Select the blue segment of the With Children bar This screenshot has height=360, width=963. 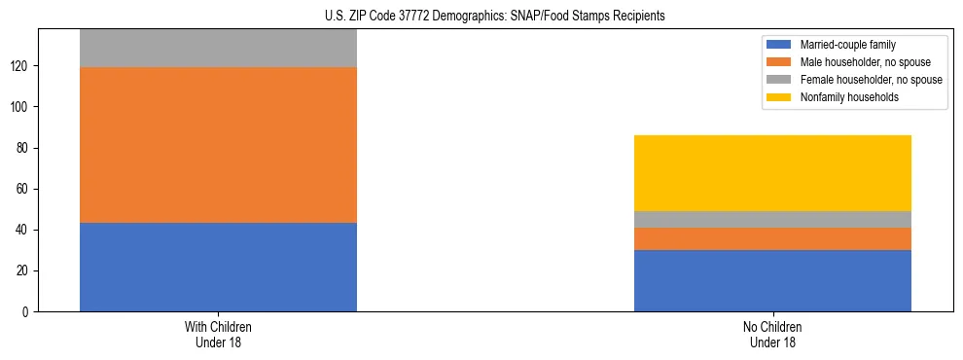click(x=218, y=267)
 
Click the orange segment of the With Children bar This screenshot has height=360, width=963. click(x=218, y=145)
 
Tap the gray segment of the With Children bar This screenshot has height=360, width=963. click(x=218, y=48)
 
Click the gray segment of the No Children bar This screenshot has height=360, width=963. click(x=772, y=219)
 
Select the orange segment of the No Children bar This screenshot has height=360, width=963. click(x=772, y=238)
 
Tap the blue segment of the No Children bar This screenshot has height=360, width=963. click(x=772, y=280)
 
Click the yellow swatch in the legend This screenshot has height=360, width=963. click(x=779, y=97)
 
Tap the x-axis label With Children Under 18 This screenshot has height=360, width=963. click(x=218, y=334)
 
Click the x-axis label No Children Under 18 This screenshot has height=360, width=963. click(x=772, y=334)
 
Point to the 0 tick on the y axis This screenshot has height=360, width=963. click(x=28, y=311)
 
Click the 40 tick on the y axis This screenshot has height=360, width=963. click(x=25, y=230)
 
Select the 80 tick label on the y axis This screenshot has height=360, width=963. click(x=25, y=148)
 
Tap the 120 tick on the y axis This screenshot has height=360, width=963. click(x=22, y=66)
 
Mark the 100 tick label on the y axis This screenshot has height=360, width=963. click(x=22, y=107)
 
